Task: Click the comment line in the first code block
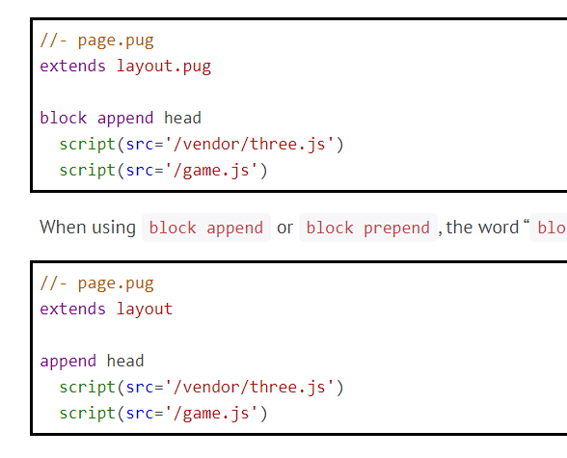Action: pos(96,40)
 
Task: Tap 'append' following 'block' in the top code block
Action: pos(124,118)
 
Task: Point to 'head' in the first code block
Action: pos(182,118)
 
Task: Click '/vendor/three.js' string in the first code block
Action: pos(254,144)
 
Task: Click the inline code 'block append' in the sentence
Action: pos(206,229)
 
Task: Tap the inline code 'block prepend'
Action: pos(368,229)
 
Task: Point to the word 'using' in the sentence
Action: pos(114,228)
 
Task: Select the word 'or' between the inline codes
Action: pos(284,229)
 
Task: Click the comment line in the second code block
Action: pos(96,283)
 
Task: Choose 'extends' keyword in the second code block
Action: pos(73,310)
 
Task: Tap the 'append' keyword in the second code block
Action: pos(67,361)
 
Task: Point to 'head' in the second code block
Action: pos(125,361)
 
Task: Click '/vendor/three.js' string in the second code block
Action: pos(254,387)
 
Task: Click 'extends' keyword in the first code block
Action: pos(73,67)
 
